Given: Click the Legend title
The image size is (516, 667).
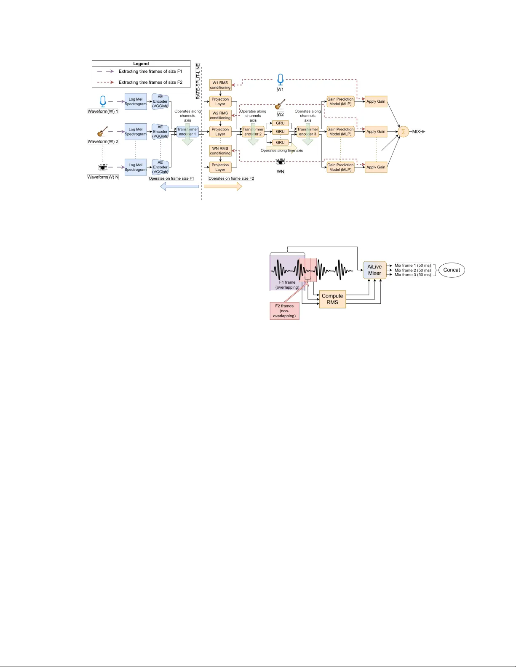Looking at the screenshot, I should tap(141, 64).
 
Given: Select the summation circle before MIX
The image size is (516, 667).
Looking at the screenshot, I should tap(403, 132).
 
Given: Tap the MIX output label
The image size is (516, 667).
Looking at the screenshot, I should tap(416, 132).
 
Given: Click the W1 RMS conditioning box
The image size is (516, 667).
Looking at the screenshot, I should tap(220, 85).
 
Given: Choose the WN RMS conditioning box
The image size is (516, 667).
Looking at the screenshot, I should tap(220, 151).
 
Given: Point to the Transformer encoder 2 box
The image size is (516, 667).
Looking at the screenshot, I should tap(253, 132).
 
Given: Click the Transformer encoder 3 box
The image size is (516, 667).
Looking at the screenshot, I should tap(308, 132).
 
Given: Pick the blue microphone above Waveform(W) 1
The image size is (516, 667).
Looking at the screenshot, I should tap(103, 101).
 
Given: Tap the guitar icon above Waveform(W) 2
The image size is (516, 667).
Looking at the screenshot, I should tap(103, 132).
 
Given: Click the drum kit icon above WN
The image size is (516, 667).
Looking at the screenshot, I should tap(281, 162).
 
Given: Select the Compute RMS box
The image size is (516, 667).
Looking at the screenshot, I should tap(332, 299).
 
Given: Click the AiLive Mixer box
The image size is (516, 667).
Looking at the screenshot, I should tap(374, 270).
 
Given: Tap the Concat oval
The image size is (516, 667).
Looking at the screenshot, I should tap(452, 270).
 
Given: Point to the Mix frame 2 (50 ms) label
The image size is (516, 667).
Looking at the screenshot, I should tap(412, 270).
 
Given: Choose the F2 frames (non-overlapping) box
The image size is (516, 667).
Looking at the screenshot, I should tap(284, 311).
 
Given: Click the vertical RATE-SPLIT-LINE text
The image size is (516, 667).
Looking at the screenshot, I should tap(198, 82).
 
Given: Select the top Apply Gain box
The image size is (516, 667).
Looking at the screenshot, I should tap(376, 101).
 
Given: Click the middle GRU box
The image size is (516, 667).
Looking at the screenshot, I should tap(280, 132).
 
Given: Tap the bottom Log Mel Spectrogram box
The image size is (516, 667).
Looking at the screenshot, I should tap(136, 167).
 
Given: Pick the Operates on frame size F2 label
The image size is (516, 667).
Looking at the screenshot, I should tap(231, 178).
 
